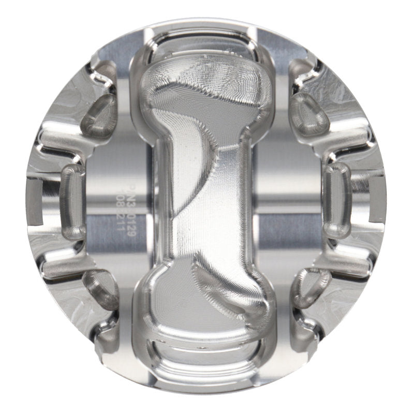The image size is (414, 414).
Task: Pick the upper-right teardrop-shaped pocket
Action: coord(309,113)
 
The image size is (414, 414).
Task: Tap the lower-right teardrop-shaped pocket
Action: coord(310,288)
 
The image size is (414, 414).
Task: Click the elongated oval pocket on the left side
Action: coord(72,202)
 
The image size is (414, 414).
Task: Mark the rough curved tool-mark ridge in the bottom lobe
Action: coord(217,279)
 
